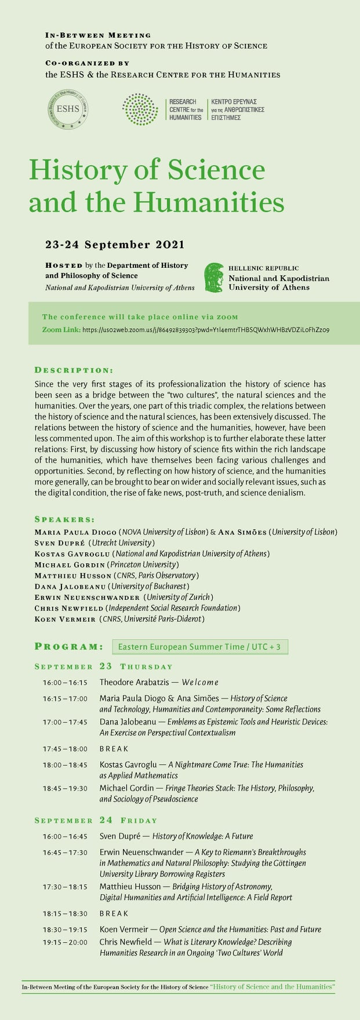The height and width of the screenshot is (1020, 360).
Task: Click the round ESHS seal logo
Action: (x=68, y=108)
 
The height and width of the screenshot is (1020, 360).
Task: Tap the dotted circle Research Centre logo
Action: (x=140, y=109)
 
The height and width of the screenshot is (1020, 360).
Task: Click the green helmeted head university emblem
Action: (x=214, y=277)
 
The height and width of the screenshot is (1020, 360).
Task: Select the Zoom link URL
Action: (x=206, y=329)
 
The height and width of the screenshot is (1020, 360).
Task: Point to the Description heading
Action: (x=74, y=370)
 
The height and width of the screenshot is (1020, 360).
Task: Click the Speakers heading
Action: (x=64, y=519)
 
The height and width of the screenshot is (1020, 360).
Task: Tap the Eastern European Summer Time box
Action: (x=199, y=646)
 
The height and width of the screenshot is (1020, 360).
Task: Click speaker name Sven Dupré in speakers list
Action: (x=60, y=543)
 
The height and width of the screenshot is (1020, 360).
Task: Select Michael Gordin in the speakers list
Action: (x=69, y=564)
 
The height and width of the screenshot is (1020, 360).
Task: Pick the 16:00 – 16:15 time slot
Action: (x=65, y=683)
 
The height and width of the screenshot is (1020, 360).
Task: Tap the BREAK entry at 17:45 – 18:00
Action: (x=114, y=749)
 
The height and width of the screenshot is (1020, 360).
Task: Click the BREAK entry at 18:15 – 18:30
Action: (x=114, y=913)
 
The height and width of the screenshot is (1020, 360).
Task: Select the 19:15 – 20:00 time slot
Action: (x=65, y=942)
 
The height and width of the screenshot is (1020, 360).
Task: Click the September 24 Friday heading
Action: (x=96, y=820)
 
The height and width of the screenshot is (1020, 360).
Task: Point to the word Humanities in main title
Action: (x=209, y=202)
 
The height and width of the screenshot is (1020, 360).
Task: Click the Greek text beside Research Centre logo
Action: (x=238, y=109)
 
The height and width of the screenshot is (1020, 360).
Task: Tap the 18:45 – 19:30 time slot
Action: (x=65, y=788)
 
